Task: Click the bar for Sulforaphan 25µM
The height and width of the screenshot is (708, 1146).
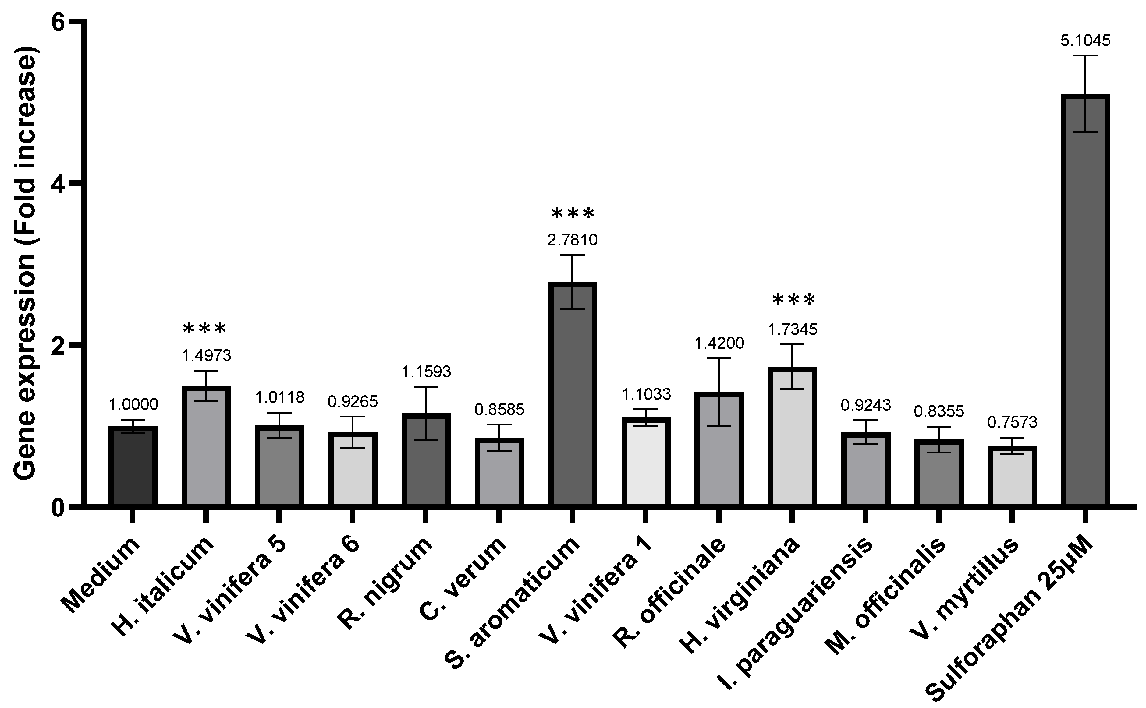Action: pyautogui.click(x=1085, y=300)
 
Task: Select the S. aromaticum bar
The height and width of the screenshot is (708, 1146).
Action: pyautogui.click(x=572, y=393)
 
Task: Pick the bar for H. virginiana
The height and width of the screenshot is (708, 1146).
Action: pyautogui.click(x=792, y=435)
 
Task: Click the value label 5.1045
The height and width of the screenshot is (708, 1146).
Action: pyautogui.click(x=1085, y=41)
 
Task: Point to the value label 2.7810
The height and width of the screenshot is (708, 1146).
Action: pyautogui.click(x=572, y=240)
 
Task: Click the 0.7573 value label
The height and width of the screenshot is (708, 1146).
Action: pyautogui.click(x=1012, y=422)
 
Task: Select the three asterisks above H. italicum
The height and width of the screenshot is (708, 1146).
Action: pyautogui.click(x=205, y=329)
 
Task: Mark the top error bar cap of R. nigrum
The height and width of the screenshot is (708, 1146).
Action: pyautogui.click(x=425, y=387)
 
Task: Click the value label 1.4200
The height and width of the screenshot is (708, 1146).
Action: pyautogui.click(x=719, y=343)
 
